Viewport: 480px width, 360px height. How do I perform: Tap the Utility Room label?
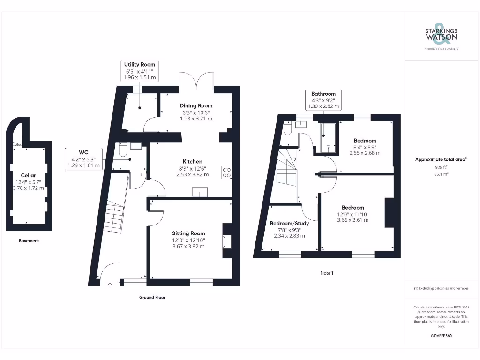pos(140,64)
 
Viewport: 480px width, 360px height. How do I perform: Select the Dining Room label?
pos(196,105)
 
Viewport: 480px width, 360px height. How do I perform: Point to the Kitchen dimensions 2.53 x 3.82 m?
pos(193,174)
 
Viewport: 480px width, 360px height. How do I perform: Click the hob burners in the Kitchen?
pos(227,172)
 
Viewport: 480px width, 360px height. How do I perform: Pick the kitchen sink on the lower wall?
pos(200,192)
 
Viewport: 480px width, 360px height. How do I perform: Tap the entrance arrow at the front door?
pos(110,285)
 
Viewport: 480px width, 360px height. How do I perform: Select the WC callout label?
pos(83,152)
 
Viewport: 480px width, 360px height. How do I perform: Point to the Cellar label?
pos(28,175)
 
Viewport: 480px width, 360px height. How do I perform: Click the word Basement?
pos(29,241)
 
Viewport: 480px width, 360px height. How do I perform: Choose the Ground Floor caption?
pos(152,297)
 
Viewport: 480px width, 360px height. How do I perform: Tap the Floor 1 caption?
pos(327,273)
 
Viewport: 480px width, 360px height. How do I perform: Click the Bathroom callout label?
pos(323,94)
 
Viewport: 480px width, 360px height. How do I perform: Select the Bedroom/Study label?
pos(289,224)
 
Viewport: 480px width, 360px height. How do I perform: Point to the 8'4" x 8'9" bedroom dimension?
pos(365,147)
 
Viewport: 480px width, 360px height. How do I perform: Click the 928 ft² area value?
pos(441,167)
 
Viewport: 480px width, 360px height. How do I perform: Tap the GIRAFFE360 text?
pos(441,336)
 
